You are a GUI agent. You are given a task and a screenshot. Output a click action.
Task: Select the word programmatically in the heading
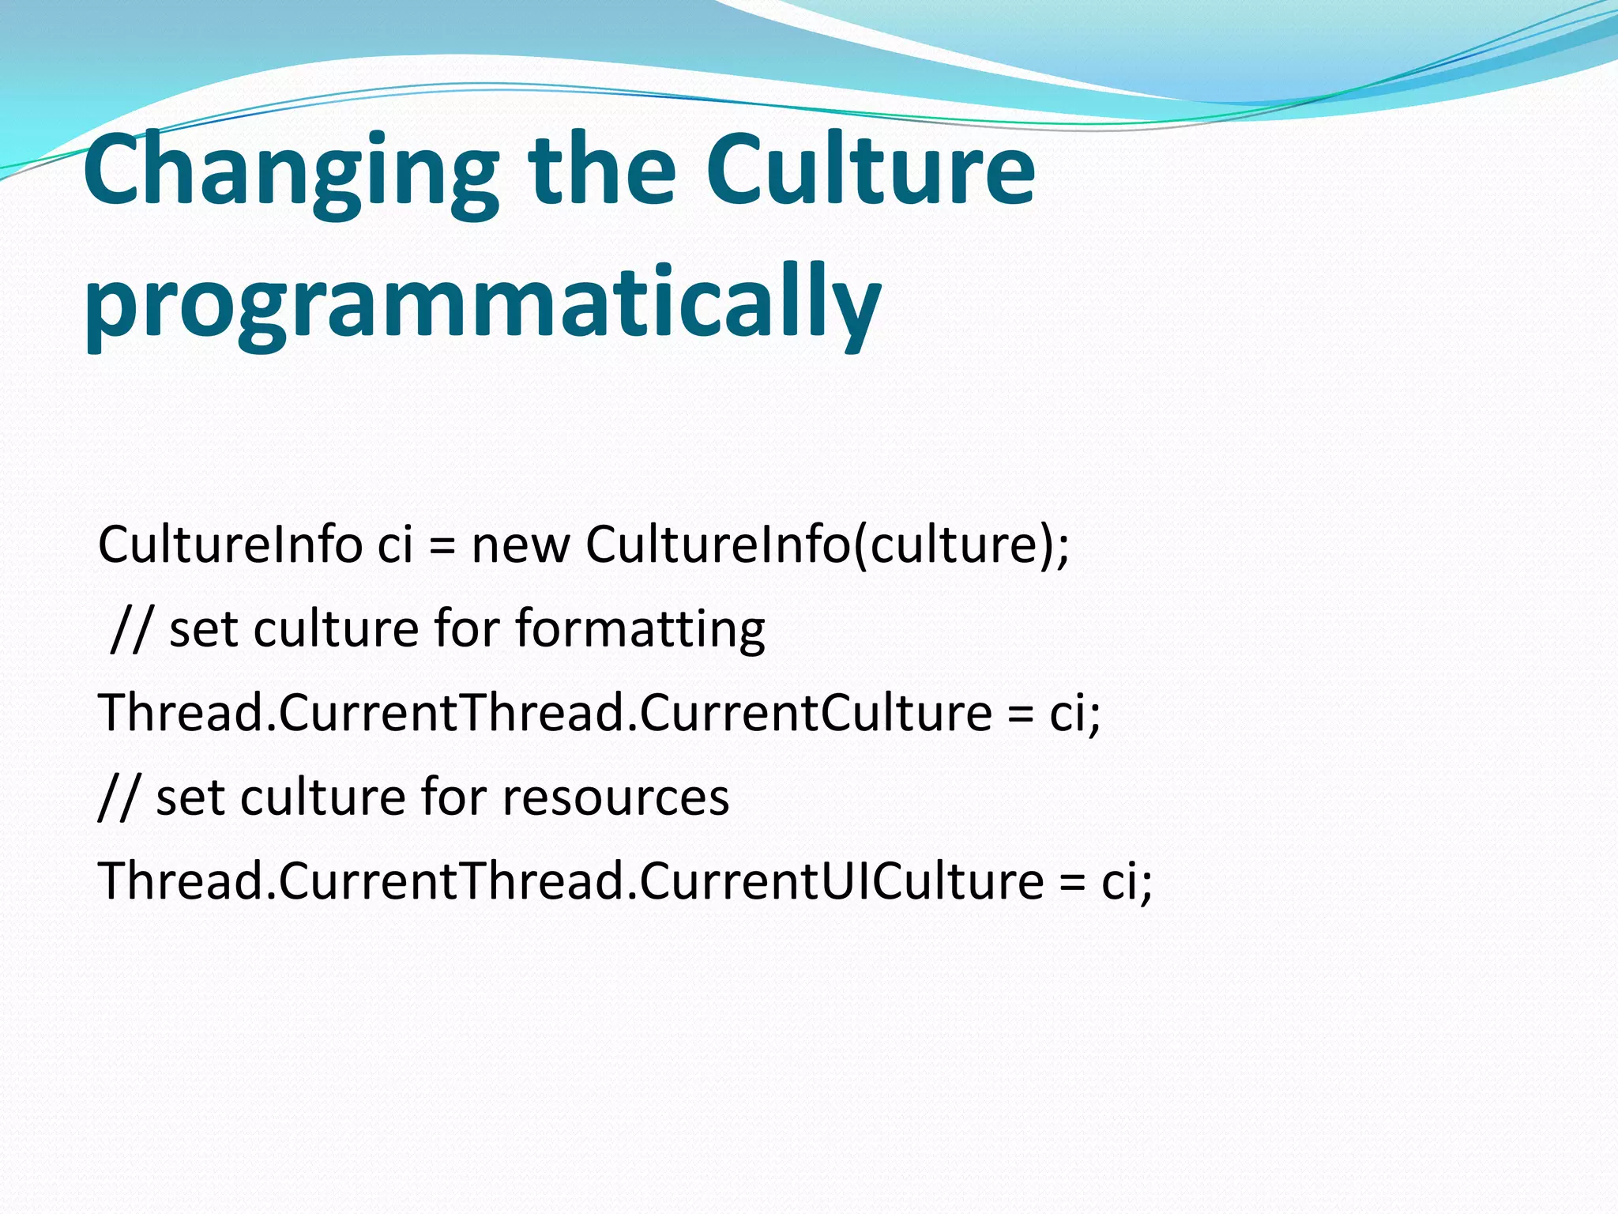point(482,304)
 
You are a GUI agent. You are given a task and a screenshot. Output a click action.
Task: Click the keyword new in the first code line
point(520,545)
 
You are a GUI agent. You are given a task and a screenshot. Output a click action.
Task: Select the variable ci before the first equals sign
point(395,545)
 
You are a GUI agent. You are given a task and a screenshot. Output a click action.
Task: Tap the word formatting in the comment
point(640,630)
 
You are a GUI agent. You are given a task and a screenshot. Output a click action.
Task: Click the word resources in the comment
point(615,797)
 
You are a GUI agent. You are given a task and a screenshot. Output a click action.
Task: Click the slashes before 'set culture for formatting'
point(130,630)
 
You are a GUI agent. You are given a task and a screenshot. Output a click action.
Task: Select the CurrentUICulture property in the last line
point(841,881)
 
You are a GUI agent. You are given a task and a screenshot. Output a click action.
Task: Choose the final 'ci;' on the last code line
point(1127,881)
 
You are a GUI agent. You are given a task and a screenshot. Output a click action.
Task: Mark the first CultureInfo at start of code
point(229,545)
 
